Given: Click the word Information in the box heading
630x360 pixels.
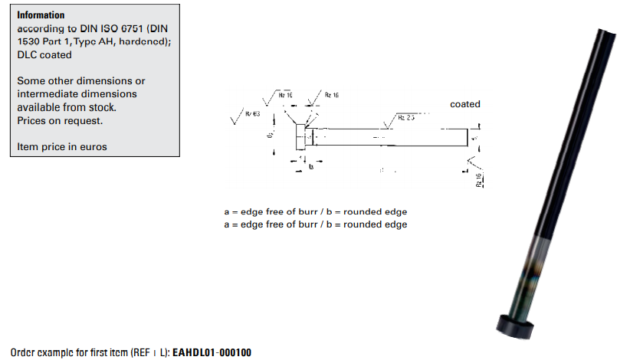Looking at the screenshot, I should [x=41, y=15].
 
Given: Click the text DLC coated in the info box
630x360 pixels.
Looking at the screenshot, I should [x=44, y=55].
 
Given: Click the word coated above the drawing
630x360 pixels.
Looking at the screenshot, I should [x=465, y=104].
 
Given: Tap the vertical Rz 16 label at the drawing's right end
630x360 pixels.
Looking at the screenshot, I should [x=479, y=180].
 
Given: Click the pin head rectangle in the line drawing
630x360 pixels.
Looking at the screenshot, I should [x=300, y=138].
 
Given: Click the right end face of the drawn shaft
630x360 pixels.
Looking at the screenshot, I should [x=467, y=138].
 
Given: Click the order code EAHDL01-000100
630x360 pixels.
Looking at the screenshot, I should [x=212, y=352].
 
